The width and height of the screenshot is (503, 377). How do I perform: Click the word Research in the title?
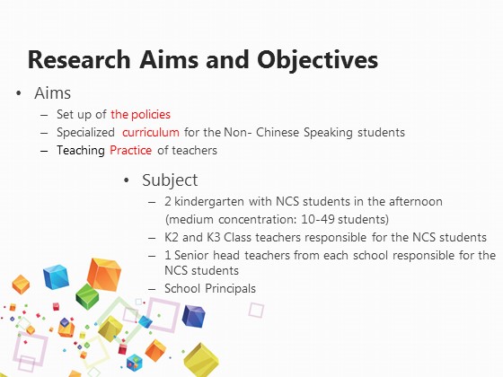[79, 59]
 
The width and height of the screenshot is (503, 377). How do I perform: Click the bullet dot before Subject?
[127, 180]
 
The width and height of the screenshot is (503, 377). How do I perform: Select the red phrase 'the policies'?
[140, 115]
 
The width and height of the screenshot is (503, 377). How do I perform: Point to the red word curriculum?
[151, 132]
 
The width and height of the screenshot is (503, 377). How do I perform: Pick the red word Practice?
[130, 150]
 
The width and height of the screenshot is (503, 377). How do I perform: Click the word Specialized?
[85, 133]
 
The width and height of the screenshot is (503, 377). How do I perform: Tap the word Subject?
[170, 180]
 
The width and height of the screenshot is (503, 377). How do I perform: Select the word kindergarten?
[209, 202]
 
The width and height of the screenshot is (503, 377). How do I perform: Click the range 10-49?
[318, 219]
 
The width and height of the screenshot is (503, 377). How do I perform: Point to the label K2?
[172, 237]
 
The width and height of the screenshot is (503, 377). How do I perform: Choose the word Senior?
[191, 255]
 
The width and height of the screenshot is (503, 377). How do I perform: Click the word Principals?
[230, 288]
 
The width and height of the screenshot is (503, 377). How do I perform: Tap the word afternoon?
[416, 202]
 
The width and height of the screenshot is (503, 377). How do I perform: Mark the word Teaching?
[81, 151]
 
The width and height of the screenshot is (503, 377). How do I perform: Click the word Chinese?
[278, 132]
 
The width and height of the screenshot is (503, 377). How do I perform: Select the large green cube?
[87, 296]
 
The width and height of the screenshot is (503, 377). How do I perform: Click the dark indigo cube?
[193, 316]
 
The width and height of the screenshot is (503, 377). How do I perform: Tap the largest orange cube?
[104, 275]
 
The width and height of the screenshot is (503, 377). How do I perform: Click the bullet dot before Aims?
[19, 93]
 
